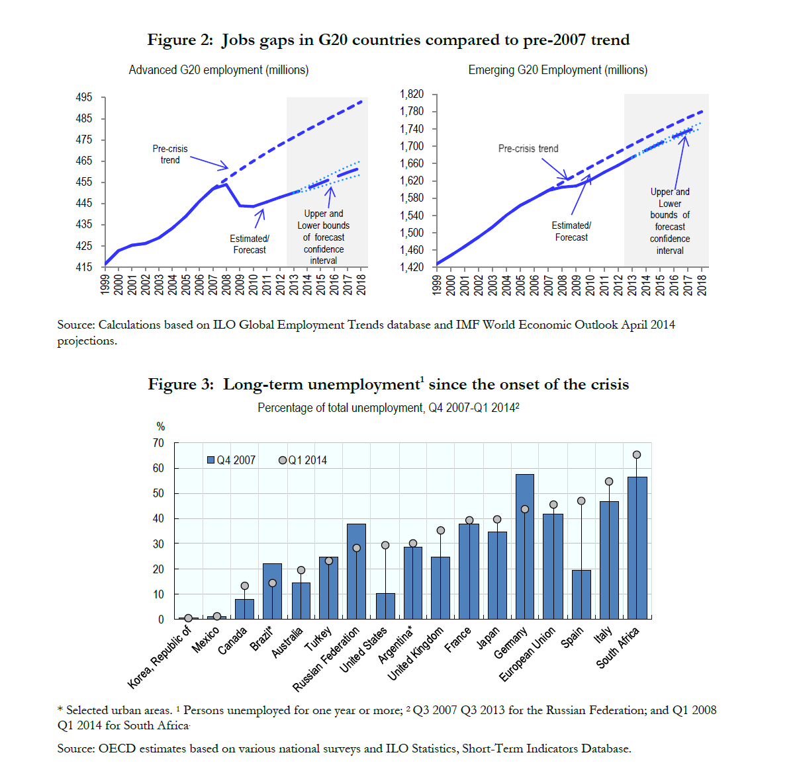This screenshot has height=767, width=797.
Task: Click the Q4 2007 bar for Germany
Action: click(x=524, y=546)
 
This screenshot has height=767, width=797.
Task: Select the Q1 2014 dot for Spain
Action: click(x=581, y=501)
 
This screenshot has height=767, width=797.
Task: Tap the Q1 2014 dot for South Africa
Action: click(x=637, y=455)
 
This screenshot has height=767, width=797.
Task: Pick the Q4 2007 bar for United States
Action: click(x=385, y=606)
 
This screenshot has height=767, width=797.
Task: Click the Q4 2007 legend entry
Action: click(x=231, y=460)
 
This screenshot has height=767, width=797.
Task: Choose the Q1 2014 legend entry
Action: click(x=303, y=460)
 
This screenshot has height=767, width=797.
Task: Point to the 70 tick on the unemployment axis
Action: click(x=158, y=443)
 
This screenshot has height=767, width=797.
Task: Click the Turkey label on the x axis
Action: click(x=319, y=639)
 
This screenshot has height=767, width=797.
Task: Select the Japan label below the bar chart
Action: click(x=489, y=638)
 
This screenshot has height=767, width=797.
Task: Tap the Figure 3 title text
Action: click(x=388, y=384)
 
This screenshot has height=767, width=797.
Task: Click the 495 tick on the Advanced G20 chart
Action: click(x=84, y=97)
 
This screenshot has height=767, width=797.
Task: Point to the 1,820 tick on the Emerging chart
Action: click(x=411, y=94)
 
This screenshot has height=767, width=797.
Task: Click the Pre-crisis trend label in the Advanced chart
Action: click(x=170, y=154)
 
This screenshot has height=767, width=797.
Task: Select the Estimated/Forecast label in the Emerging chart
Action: click(x=571, y=231)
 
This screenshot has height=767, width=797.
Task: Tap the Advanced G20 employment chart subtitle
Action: click(x=218, y=70)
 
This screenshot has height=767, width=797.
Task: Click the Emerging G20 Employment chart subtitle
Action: click(x=557, y=70)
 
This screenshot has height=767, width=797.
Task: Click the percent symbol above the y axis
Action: click(x=160, y=426)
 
